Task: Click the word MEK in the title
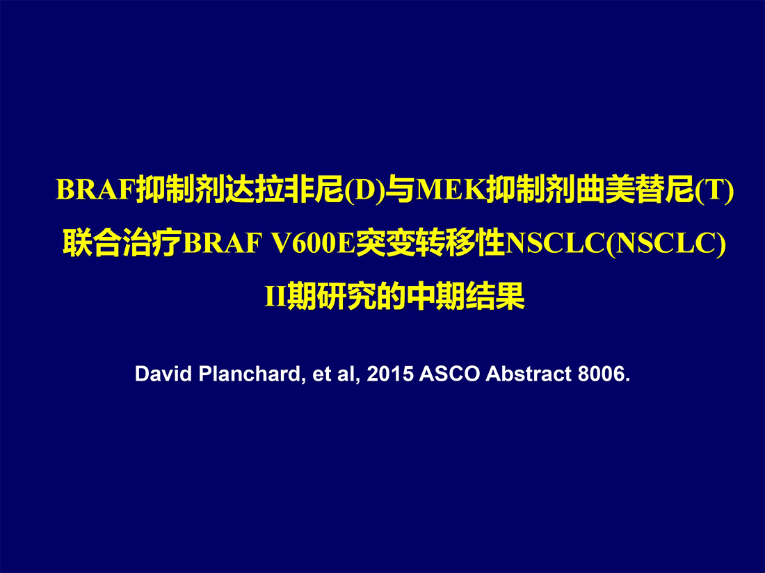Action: point(451,189)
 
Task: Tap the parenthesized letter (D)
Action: point(364,190)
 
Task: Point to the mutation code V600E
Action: point(313,242)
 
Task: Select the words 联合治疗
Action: point(122,242)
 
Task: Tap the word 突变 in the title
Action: point(385,242)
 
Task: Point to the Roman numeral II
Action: point(275,296)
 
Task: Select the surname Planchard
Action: point(249,374)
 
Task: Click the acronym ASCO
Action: point(449,374)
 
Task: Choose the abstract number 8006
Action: point(601,374)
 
